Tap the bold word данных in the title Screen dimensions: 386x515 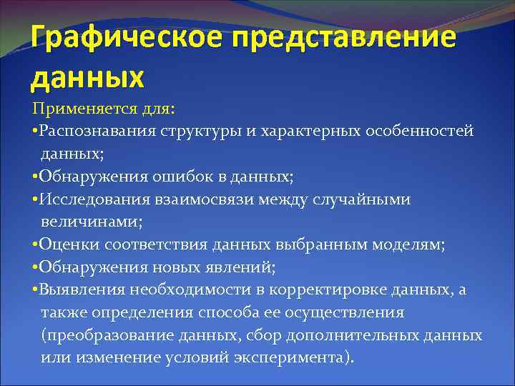[87, 75]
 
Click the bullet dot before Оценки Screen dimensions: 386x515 [35, 245]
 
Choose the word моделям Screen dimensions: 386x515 [413, 245]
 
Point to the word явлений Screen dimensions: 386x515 [244, 267]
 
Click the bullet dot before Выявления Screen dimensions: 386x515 [35, 290]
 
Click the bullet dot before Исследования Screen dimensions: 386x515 [35, 200]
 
